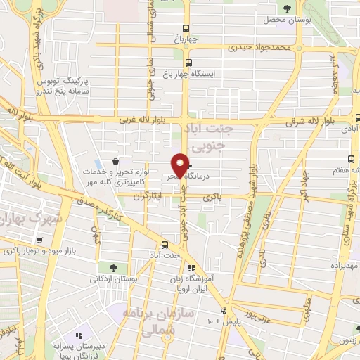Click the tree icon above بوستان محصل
pyautogui.click(x=287, y=8)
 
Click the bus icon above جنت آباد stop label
pyautogui.click(x=164, y=245)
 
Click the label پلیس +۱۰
pyautogui.click(x=211, y=321)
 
